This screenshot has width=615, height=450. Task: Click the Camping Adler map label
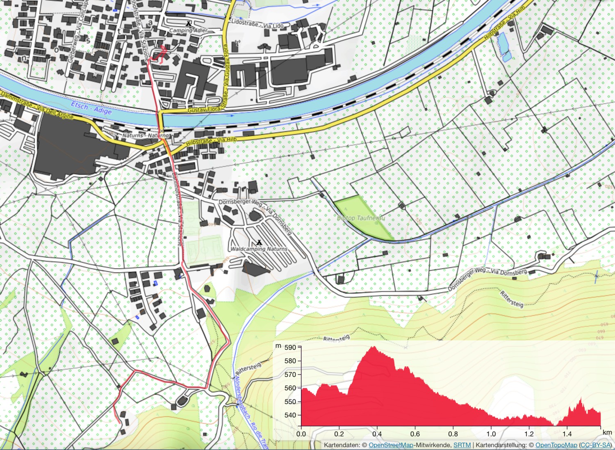pyautogui.click(x=188, y=30)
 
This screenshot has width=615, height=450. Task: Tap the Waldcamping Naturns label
pyautogui.click(x=259, y=249)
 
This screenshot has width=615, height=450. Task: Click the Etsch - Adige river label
pyautogui.click(x=91, y=108)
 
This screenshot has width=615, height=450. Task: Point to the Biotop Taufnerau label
pyautogui.click(x=361, y=218)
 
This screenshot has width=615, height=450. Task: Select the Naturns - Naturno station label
pyautogui.click(x=145, y=135)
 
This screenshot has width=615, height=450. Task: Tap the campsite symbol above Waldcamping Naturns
pyautogui.click(x=259, y=242)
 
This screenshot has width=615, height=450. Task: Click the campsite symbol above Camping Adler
pyautogui.click(x=189, y=24)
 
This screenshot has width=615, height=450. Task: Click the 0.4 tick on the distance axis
pyautogui.click(x=377, y=434)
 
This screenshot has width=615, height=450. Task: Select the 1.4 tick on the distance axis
pyautogui.click(x=567, y=434)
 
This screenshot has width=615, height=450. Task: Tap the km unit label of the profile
pyautogui.click(x=607, y=432)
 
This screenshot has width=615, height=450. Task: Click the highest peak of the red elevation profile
pyautogui.click(x=374, y=347)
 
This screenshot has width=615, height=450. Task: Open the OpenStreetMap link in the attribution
pyautogui.click(x=391, y=445)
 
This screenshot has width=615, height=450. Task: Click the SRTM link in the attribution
pyautogui.click(x=462, y=445)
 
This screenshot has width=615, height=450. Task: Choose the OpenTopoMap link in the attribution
pyautogui.click(x=556, y=445)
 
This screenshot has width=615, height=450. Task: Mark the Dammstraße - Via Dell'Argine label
pyautogui.click(x=37, y=106)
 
